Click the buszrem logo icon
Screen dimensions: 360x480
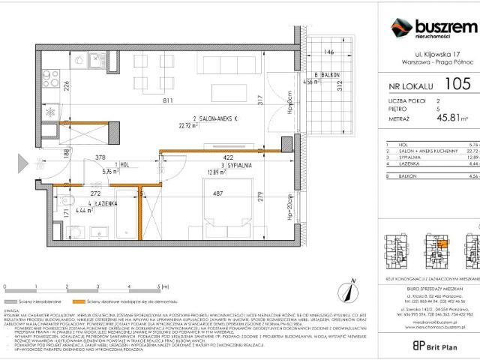point(400,28)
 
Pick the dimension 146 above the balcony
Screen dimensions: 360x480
point(327,53)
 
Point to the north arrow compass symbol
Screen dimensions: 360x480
point(347,286)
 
